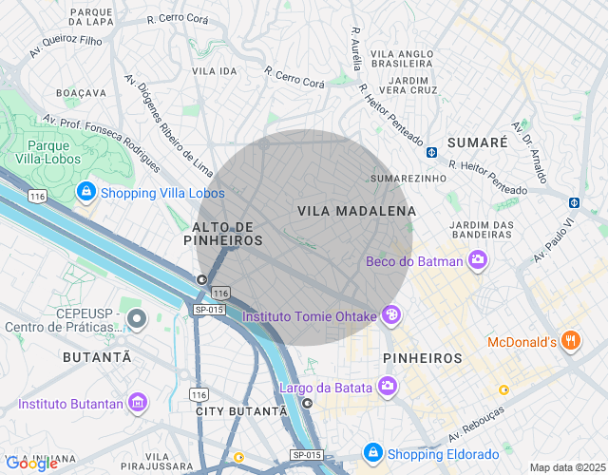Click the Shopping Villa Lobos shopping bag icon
[86, 193]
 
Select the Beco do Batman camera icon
[478, 259]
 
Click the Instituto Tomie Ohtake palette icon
[390, 315]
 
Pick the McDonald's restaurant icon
[570, 341]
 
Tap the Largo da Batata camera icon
[387, 386]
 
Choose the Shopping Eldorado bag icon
[373, 452]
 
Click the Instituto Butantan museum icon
[138, 403]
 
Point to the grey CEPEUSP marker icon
[137, 317]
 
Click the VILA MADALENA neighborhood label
[356, 210]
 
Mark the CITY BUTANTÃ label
[241, 410]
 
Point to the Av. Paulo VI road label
[556, 240]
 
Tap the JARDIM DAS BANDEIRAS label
[482, 229]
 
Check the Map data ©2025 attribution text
[566, 467]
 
